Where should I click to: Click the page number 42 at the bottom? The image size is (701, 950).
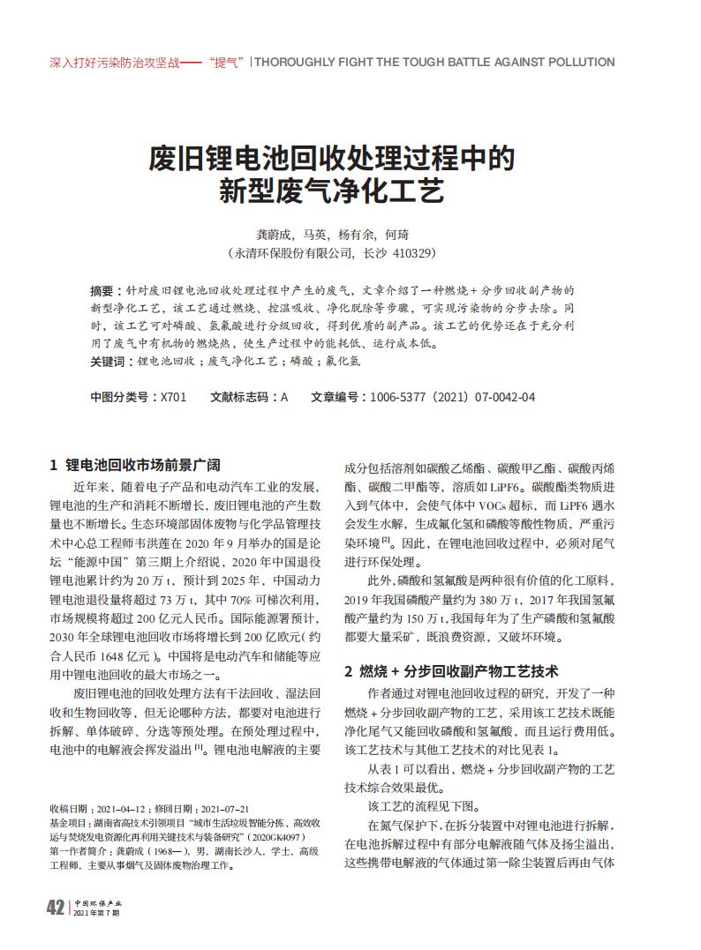coord(54,908)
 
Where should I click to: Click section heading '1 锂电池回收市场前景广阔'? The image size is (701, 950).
coord(132,464)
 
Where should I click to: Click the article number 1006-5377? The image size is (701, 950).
coord(401,398)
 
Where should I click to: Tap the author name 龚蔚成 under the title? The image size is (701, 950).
coord(273,235)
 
